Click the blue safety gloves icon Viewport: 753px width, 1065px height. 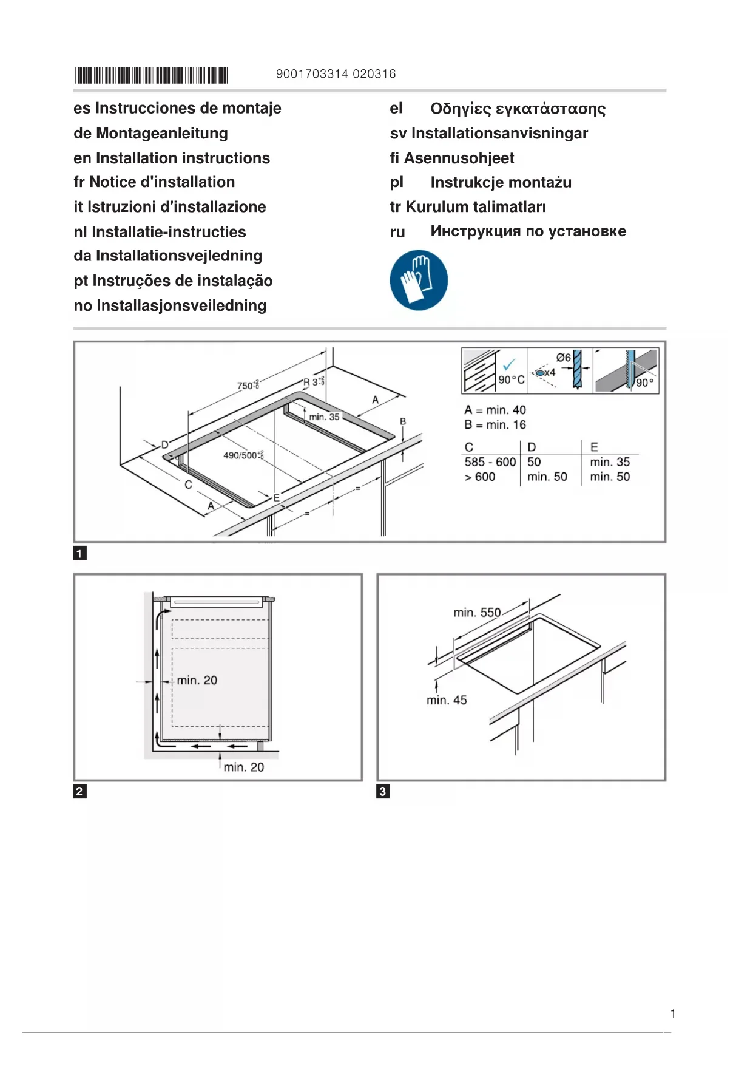coord(419,280)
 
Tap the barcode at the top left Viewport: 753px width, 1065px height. coord(151,75)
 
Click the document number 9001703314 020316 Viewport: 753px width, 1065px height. coord(336,74)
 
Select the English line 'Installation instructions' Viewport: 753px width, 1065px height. coord(182,158)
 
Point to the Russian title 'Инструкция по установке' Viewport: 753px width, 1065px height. coord(528,231)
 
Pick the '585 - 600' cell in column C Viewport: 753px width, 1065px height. coord(490,462)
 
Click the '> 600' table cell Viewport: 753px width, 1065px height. coord(480,477)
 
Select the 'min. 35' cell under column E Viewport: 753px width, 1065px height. coord(610,462)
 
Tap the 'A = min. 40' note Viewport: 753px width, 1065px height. coord(495,410)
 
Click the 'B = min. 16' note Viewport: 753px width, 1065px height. coord(495,425)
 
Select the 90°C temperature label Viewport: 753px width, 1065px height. coord(511,380)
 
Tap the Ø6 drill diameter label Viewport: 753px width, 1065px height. coord(563,358)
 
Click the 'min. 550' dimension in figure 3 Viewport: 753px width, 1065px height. coord(477,613)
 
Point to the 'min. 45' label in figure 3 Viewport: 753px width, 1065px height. coord(447,700)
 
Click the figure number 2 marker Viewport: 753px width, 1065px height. coord(79,791)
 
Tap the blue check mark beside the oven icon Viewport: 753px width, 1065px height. coord(508,364)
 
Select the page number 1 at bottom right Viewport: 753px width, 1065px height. coord(673,1013)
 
